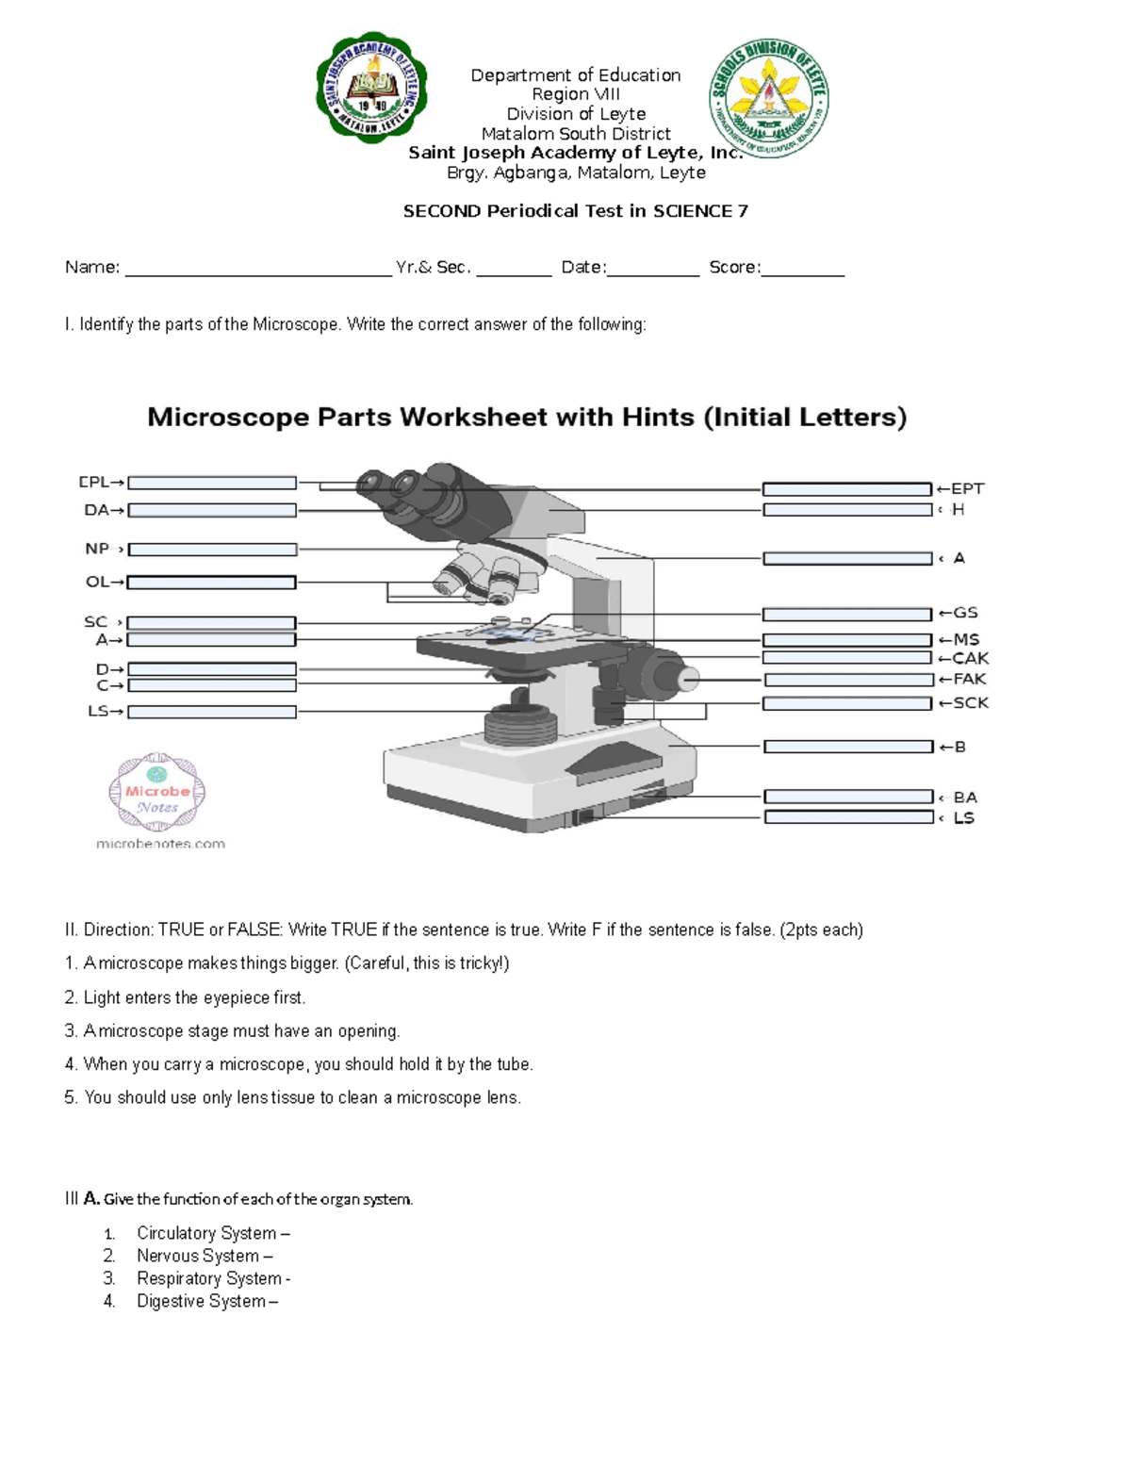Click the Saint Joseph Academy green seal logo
pyautogui.click(x=371, y=90)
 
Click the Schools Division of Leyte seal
pyautogui.click(x=769, y=98)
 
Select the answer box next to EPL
pyautogui.click(x=212, y=483)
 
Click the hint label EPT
pyautogui.click(x=966, y=488)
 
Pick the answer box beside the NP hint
pyautogui.click(x=212, y=549)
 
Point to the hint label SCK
pyautogui.click(x=969, y=702)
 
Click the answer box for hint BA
pyautogui.click(x=848, y=797)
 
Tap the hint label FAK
pyautogui.click(x=968, y=679)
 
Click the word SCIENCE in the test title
pyautogui.click(x=693, y=211)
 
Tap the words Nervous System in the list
pyautogui.click(x=198, y=1256)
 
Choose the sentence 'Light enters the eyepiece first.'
pyautogui.click(x=194, y=997)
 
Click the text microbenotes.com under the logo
pyautogui.click(x=160, y=844)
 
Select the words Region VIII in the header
pyautogui.click(x=575, y=94)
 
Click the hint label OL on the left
pyautogui.click(x=98, y=582)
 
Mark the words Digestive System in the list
pyautogui.click(x=201, y=1301)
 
